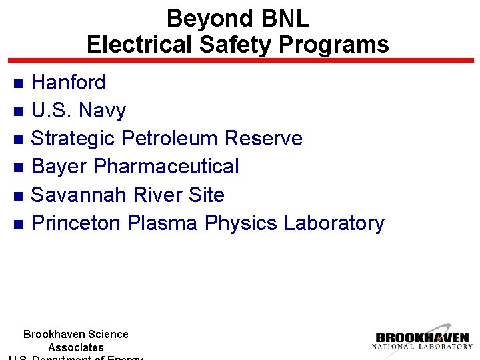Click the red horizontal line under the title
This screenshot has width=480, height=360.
[x=240, y=61]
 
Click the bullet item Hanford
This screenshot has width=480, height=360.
[x=69, y=83]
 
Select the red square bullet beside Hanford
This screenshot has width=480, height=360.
[x=19, y=83]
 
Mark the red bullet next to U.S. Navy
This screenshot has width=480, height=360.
[x=19, y=111]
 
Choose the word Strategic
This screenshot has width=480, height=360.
[x=73, y=139]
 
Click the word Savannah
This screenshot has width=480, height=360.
[x=79, y=195]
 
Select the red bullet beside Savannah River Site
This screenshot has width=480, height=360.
[x=19, y=196]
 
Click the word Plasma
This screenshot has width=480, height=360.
[x=162, y=223]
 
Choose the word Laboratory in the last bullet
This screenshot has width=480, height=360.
[x=334, y=223]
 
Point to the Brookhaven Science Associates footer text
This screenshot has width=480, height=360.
[x=75, y=341]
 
